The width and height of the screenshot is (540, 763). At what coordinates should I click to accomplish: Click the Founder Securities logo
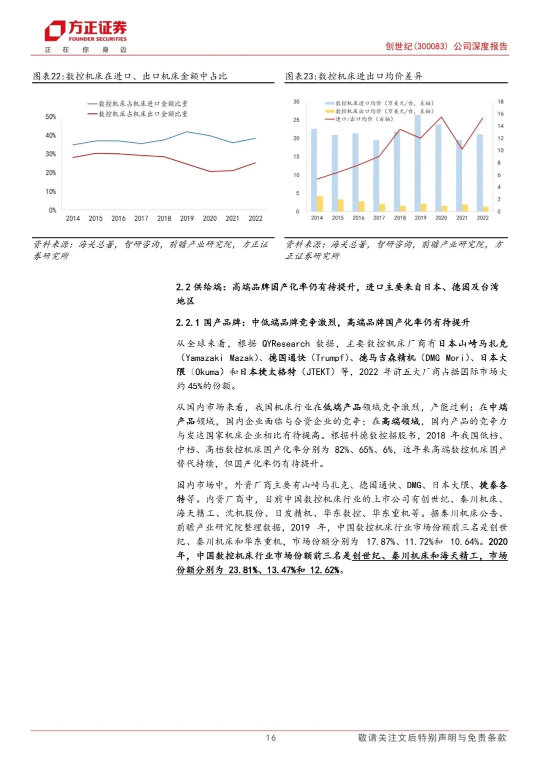(85, 31)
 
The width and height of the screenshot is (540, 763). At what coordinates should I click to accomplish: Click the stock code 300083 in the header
(431, 46)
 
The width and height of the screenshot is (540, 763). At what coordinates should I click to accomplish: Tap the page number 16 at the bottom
(270, 738)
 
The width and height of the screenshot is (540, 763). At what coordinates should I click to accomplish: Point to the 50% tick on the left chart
(50, 117)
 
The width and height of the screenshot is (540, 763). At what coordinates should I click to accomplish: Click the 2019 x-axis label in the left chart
(186, 218)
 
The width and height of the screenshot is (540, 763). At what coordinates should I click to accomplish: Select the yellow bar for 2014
(320, 203)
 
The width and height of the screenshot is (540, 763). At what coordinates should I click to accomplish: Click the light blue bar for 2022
(479, 172)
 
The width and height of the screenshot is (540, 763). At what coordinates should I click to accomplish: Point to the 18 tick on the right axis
(500, 102)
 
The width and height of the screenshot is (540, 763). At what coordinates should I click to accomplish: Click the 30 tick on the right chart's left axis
(296, 102)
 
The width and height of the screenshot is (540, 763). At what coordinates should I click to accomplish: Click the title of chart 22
(130, 76)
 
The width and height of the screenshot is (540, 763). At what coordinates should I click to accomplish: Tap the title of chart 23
(354, 76)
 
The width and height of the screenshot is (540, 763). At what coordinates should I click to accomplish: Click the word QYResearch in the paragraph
(286, 344)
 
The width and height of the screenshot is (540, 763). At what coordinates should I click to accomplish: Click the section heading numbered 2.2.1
(323, 323)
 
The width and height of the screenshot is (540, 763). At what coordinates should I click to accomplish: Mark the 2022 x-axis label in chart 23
(482, 218)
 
